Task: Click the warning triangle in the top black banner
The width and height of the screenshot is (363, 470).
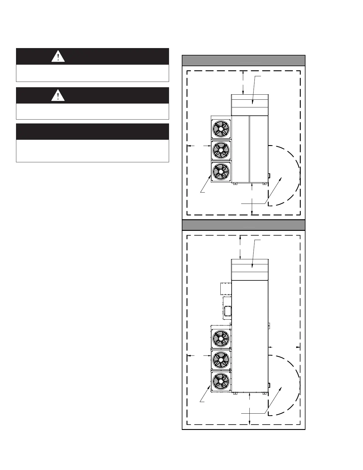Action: click(x=58, y=56)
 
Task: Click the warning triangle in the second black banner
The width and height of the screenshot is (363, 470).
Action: click(x=58, y=96)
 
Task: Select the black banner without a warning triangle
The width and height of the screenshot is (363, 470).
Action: click(x=92, y=132)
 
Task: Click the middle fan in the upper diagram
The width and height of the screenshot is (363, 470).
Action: click(x=221, y=150)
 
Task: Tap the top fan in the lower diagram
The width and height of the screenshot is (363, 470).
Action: click(x=221, y=338)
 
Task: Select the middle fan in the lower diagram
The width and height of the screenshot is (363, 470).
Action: click(x=221, y=360)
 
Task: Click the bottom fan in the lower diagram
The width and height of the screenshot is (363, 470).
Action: click(x=221, y=381)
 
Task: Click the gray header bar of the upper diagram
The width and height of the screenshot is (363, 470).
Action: click(x=243, y=61)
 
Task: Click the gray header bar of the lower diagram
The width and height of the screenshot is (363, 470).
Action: click(x=243, y=225)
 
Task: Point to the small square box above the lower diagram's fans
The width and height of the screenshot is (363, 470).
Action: click(x=226, y=289)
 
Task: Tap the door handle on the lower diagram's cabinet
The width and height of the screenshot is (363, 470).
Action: click(x=269, y=385)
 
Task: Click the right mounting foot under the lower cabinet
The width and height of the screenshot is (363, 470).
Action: click(x=264, y=394)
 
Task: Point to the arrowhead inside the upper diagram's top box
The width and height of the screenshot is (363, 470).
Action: click(x=252, y=102)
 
